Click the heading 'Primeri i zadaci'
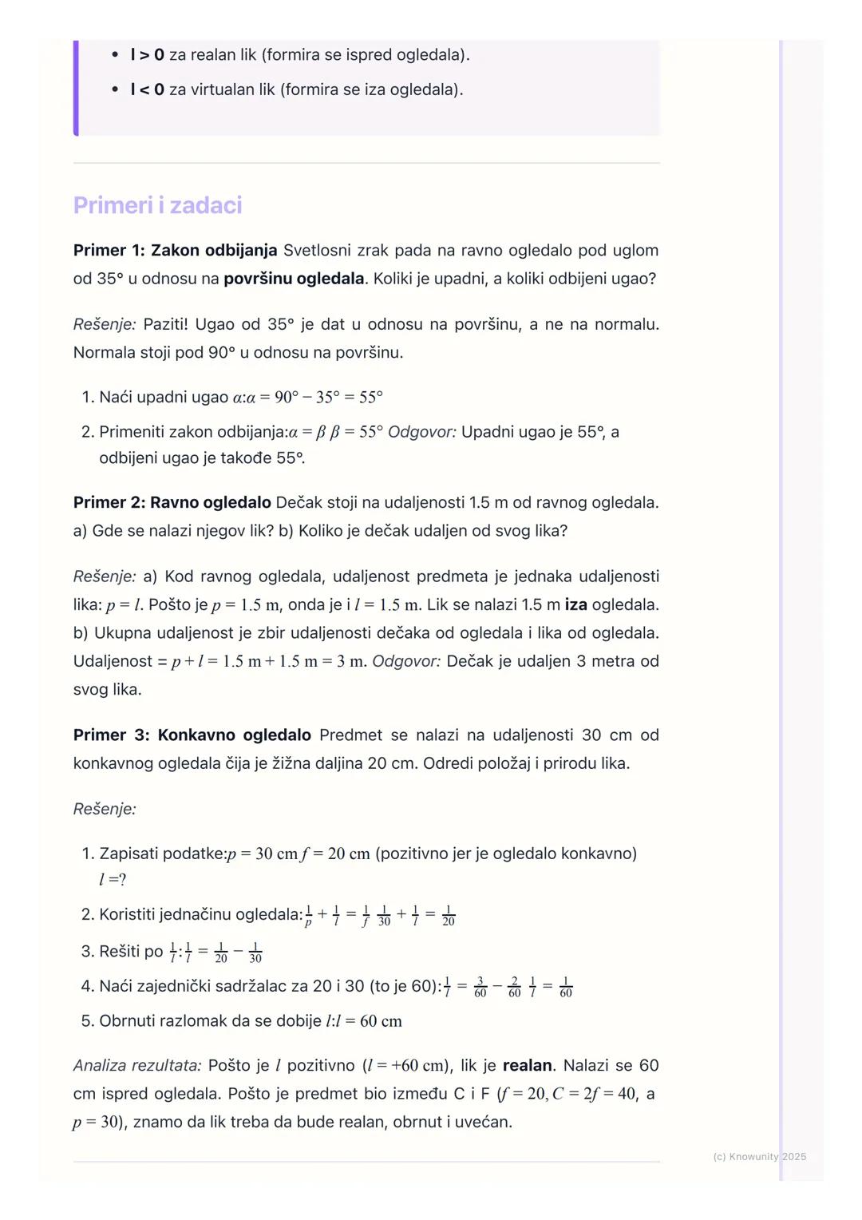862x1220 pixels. coord(157,205)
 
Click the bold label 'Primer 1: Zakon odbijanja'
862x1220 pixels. coord(175,251)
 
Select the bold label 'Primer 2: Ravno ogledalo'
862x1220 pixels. coord(172,503)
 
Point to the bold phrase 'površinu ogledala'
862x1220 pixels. coord(294,279)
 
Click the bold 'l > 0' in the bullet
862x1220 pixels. coord(148,55)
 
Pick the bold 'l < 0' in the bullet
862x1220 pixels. coord(148,89)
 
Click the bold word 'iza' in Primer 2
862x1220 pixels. coord(575,605)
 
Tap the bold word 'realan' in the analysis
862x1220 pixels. coord(527,1066)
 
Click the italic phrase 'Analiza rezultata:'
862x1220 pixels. coord(136,1066)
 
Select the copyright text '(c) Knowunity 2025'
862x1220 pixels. coord(759,1157)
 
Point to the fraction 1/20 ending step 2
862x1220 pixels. coord(449,916)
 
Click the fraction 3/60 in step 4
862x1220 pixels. coord(480,987)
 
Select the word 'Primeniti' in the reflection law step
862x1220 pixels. coord(133,432)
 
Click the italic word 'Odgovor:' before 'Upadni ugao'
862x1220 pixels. coord(422,432)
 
